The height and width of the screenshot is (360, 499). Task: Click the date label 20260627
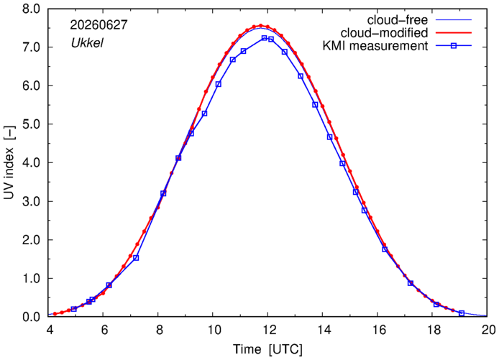click(99, 25)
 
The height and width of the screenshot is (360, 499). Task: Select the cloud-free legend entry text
click(398, 20)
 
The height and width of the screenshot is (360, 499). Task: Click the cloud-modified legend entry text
click(384, 33)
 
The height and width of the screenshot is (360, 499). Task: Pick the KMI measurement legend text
click(375, 46)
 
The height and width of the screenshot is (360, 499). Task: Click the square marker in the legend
click(454, 46)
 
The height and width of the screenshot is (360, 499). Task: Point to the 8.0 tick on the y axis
click(31, 9)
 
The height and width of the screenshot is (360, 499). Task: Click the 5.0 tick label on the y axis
click(31, 124)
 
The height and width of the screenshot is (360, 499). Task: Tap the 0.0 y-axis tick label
click(31, 317)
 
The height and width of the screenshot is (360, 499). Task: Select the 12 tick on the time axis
click(268, 330)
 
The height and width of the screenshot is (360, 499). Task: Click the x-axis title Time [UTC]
click(267, 349)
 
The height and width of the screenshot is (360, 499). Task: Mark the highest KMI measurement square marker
click(264, 38)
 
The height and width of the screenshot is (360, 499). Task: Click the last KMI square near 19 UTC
click(462, 313)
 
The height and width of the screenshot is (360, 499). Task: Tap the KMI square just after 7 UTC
click(136, 257)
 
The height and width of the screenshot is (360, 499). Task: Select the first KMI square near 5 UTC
click(74, 309)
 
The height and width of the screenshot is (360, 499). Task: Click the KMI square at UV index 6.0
click(218, 84)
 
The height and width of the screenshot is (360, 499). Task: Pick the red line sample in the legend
click(454, 33)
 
